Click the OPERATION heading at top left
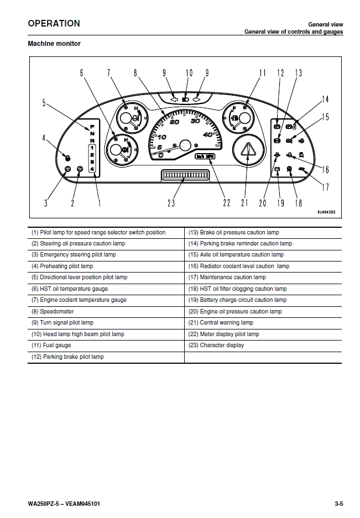(54, 23)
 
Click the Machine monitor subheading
(54, 44)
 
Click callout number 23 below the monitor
(171, 203)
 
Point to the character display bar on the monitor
(183, 176)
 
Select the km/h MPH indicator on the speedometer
(205, 157)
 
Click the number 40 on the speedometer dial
(208, 135)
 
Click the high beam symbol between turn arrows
(186, 100)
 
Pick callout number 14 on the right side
(325, 100)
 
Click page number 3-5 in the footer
(338, 504)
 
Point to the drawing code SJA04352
(326, 212)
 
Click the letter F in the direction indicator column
(92, 127)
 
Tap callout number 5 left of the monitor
(45, 102)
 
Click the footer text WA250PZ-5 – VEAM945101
(64, 504)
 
